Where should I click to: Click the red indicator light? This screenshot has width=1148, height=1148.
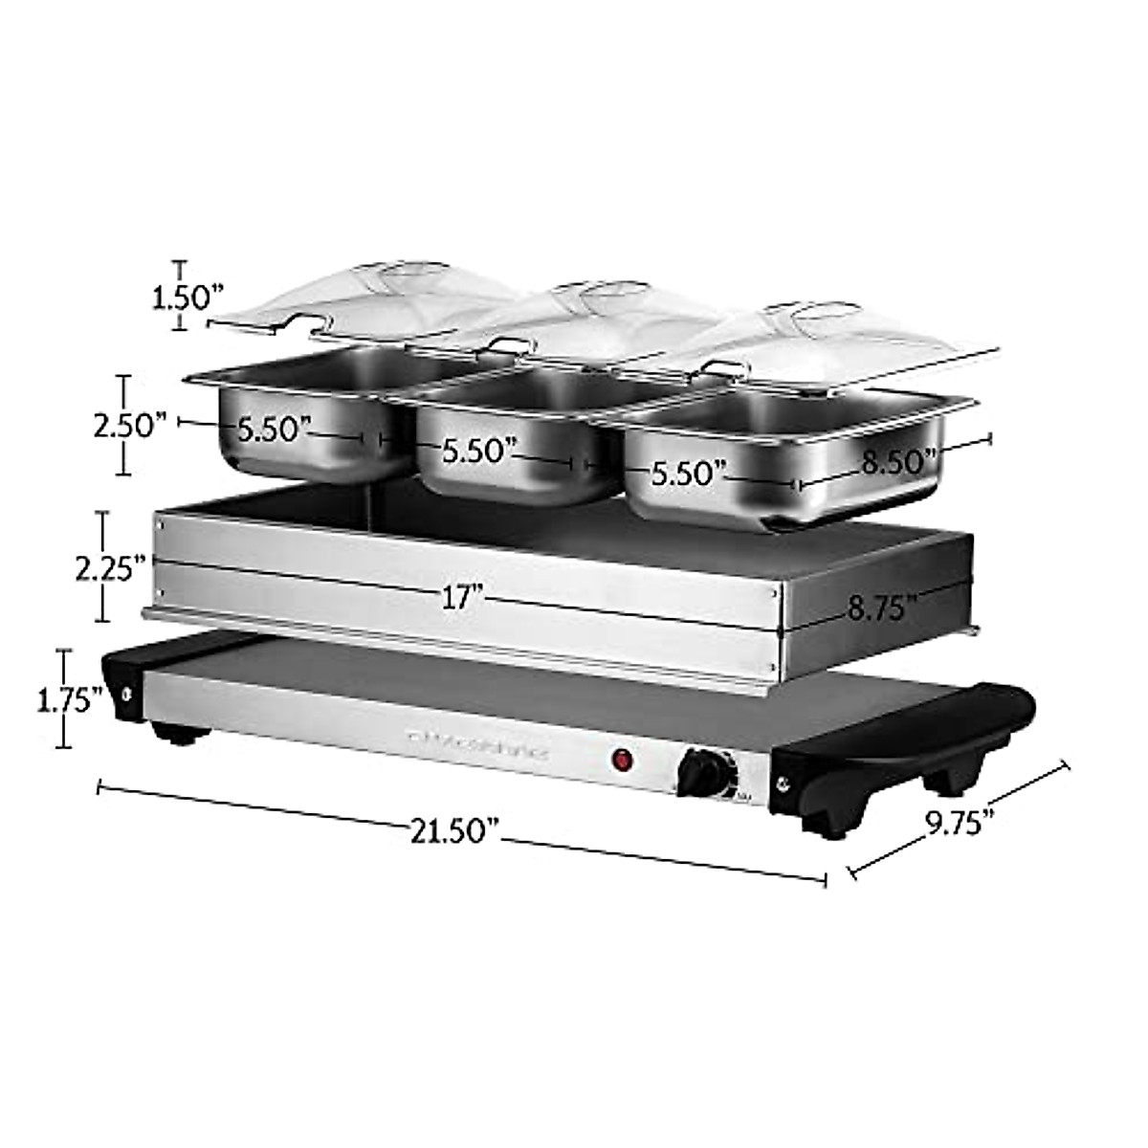coord(624,762)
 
